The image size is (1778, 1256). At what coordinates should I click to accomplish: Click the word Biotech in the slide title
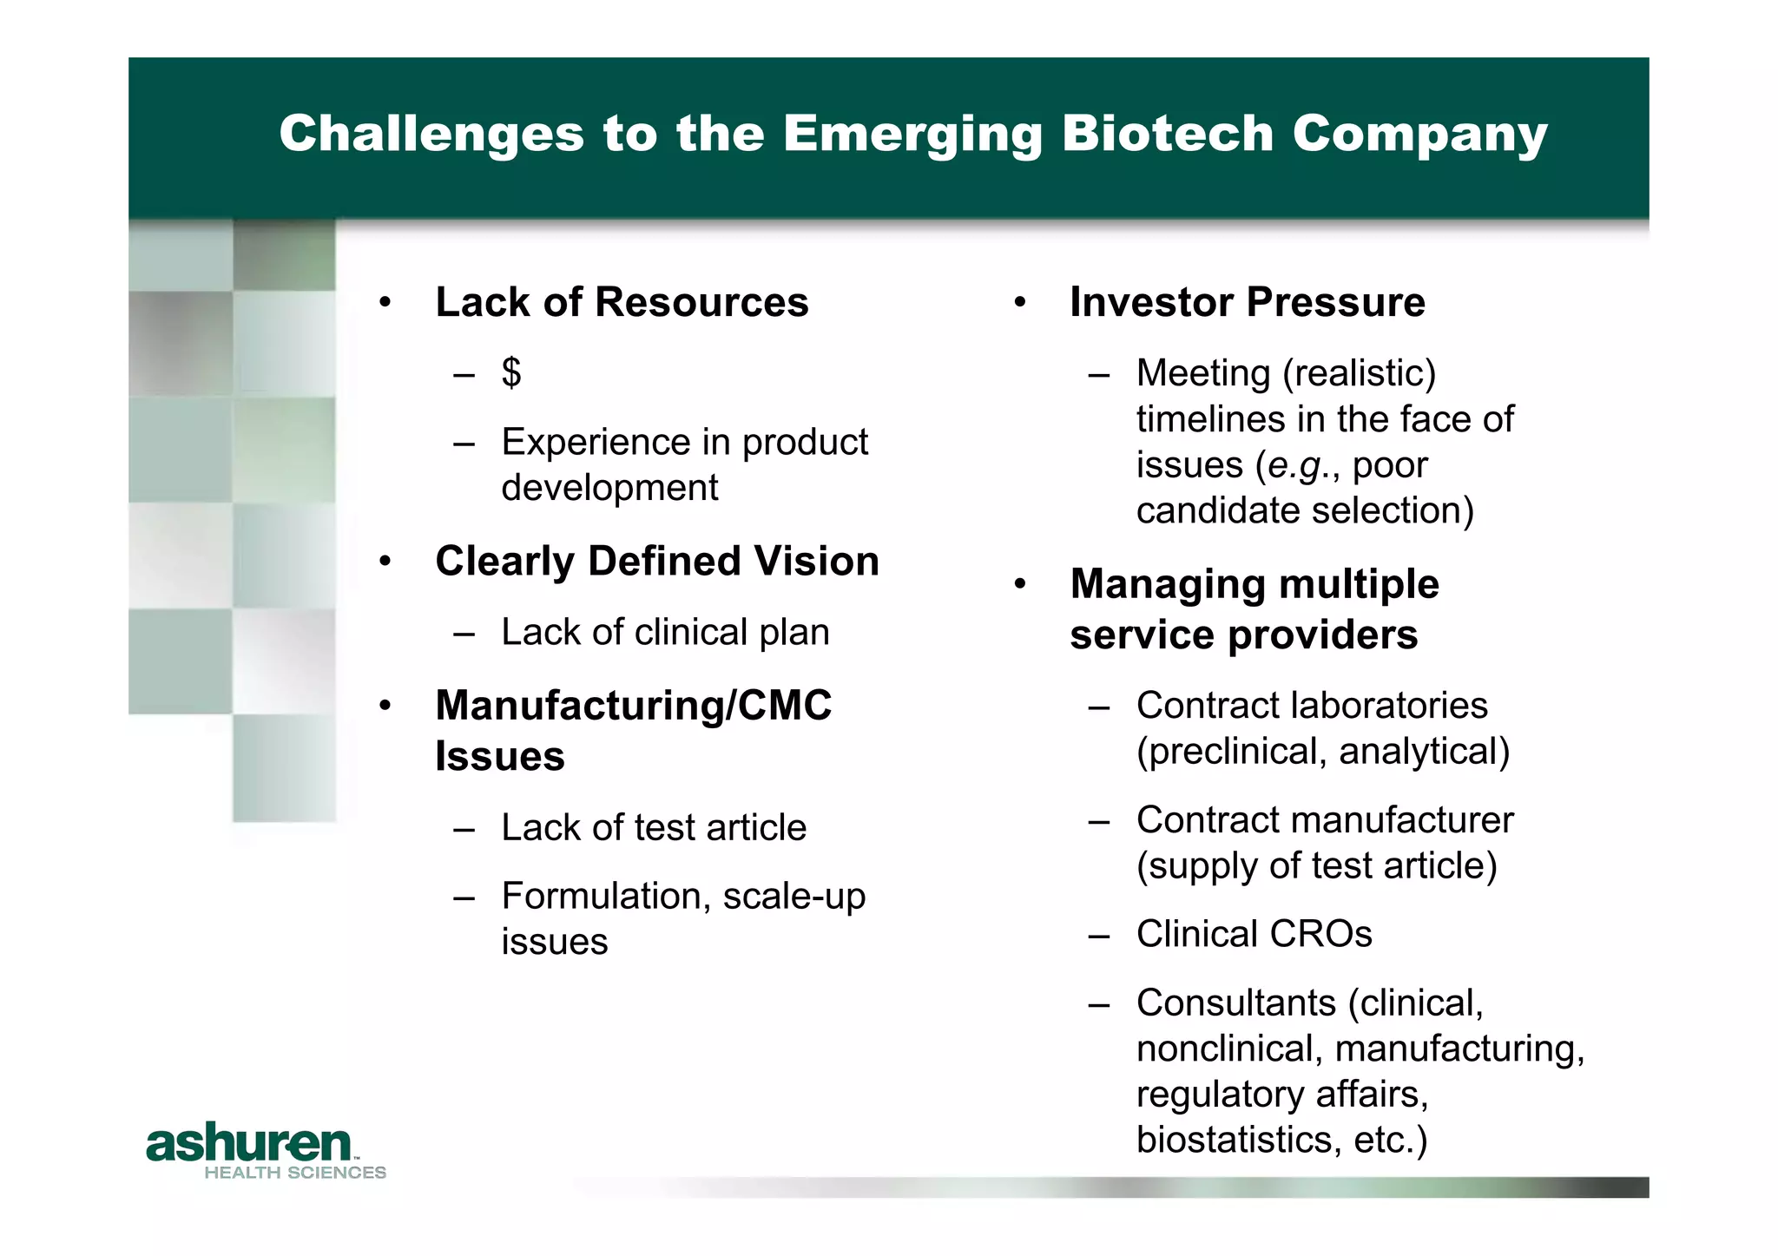[1167, 134]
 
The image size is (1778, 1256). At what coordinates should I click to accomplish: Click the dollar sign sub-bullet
[511, 373]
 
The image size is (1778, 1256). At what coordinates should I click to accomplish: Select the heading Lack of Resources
[622, 303]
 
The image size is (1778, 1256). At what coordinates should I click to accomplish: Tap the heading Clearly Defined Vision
[657, 562]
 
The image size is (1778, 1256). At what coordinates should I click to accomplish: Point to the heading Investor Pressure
[1247, 303]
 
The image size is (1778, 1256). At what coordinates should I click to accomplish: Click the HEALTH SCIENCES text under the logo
[295, 1173]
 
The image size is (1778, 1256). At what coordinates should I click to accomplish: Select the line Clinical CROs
[1254, 935]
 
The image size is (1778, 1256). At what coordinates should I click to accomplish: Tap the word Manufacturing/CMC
[633, 706]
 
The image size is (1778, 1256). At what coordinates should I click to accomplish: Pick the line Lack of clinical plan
[665, 633]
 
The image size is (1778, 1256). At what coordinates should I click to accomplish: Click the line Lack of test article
[654, 828]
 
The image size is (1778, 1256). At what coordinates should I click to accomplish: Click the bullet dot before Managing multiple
[1020, 585]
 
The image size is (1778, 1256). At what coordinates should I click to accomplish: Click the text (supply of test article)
[1316, 866]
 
